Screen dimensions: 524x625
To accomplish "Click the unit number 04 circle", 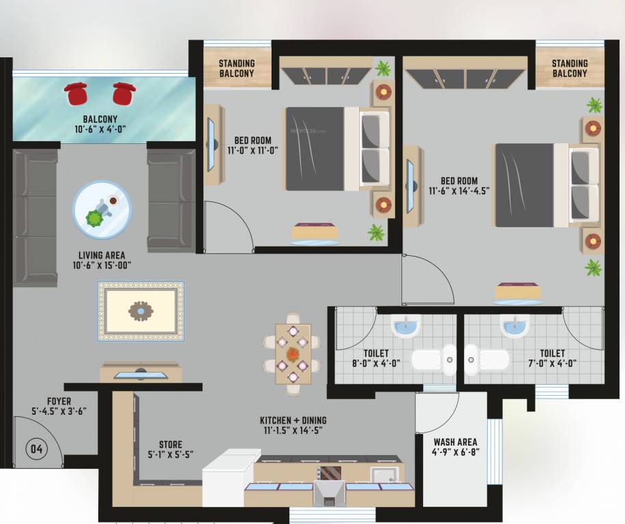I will [x=36, y=449].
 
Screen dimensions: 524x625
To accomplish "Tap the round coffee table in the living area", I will [x=102, y=209].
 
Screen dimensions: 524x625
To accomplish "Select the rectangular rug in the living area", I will [x=141, y=310].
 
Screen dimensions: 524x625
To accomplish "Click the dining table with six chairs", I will [x=293, y=354].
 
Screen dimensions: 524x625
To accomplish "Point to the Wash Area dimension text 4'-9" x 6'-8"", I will [x=455, y=452].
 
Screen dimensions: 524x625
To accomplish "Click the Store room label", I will [x=170, y=444].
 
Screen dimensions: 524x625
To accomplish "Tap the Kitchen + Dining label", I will [x=293, y=420].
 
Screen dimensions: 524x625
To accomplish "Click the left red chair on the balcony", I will [x=76, y=93].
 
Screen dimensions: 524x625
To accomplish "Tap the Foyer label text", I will [x=59, y=401].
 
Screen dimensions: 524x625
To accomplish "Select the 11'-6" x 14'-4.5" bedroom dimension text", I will [x=459, y=191].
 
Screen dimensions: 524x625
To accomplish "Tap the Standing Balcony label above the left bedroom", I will [x=237, y=68].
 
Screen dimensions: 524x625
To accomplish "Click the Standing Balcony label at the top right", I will [x=570, y=68].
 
